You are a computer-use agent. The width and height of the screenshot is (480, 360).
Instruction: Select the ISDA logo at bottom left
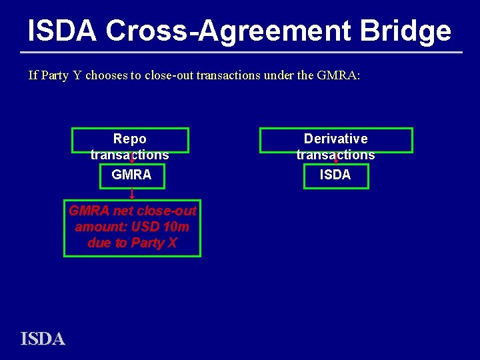(x=43, y=339)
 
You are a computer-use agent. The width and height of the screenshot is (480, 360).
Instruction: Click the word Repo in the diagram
(x=130, y=139)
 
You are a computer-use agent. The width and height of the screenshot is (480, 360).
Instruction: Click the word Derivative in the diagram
(x=335, y=139)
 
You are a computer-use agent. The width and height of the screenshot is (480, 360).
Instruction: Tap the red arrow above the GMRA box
(x=132, y=159)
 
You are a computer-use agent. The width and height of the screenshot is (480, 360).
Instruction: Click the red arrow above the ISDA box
(x=335, y=159)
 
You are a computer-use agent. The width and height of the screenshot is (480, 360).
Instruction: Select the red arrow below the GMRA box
(x=132, y=195)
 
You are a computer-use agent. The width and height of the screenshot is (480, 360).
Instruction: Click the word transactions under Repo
(x=130, y=155)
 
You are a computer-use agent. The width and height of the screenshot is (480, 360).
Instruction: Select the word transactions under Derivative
(x=335, y=155)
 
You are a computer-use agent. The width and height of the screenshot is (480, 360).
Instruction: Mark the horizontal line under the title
(x=240, y=52)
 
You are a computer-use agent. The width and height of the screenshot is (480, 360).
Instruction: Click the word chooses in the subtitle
(x=106, y=75)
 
